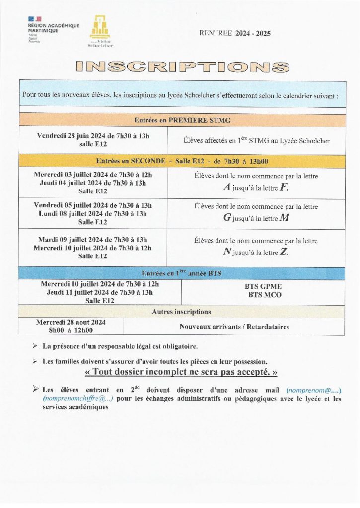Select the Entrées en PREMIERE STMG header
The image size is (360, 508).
click(182, 120)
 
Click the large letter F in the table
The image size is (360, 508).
click(284, 188)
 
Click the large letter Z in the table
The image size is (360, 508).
click(283, 252)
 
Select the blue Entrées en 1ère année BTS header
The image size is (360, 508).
click(182, 273)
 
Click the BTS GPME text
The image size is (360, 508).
click(263, 286)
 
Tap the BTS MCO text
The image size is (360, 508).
click(263, 294)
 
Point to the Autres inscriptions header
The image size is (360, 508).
click(181, 312)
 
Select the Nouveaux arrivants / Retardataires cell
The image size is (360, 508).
click(234, 327)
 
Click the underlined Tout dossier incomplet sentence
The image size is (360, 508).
click(182, 372)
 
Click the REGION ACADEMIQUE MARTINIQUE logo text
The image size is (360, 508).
click(53, 28)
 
